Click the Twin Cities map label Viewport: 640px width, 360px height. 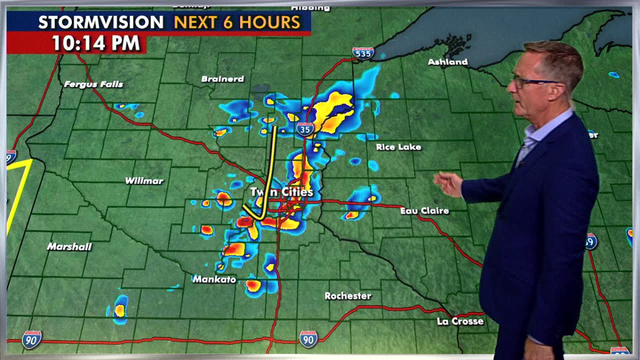[282, 192]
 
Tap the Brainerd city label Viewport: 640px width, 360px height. [222, 79]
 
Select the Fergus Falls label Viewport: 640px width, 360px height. [93, 84]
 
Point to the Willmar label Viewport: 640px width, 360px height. [144, 181]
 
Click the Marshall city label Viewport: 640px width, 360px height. [69, 247]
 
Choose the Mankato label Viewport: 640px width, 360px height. [214, 279]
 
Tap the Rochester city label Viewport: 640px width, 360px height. [348, 296]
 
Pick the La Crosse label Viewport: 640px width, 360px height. [460, 321]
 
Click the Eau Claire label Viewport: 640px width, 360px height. [425, 211]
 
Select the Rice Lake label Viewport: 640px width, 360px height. [398, 147]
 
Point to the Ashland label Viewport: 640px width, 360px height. [447, 62]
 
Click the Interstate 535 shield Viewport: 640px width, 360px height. [363, 52]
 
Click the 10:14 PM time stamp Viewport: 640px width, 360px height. [96, 43]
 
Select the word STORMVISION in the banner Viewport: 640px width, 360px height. [101, 22]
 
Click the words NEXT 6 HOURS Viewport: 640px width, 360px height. [237, 22]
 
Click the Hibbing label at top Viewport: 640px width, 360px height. [310, 8]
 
